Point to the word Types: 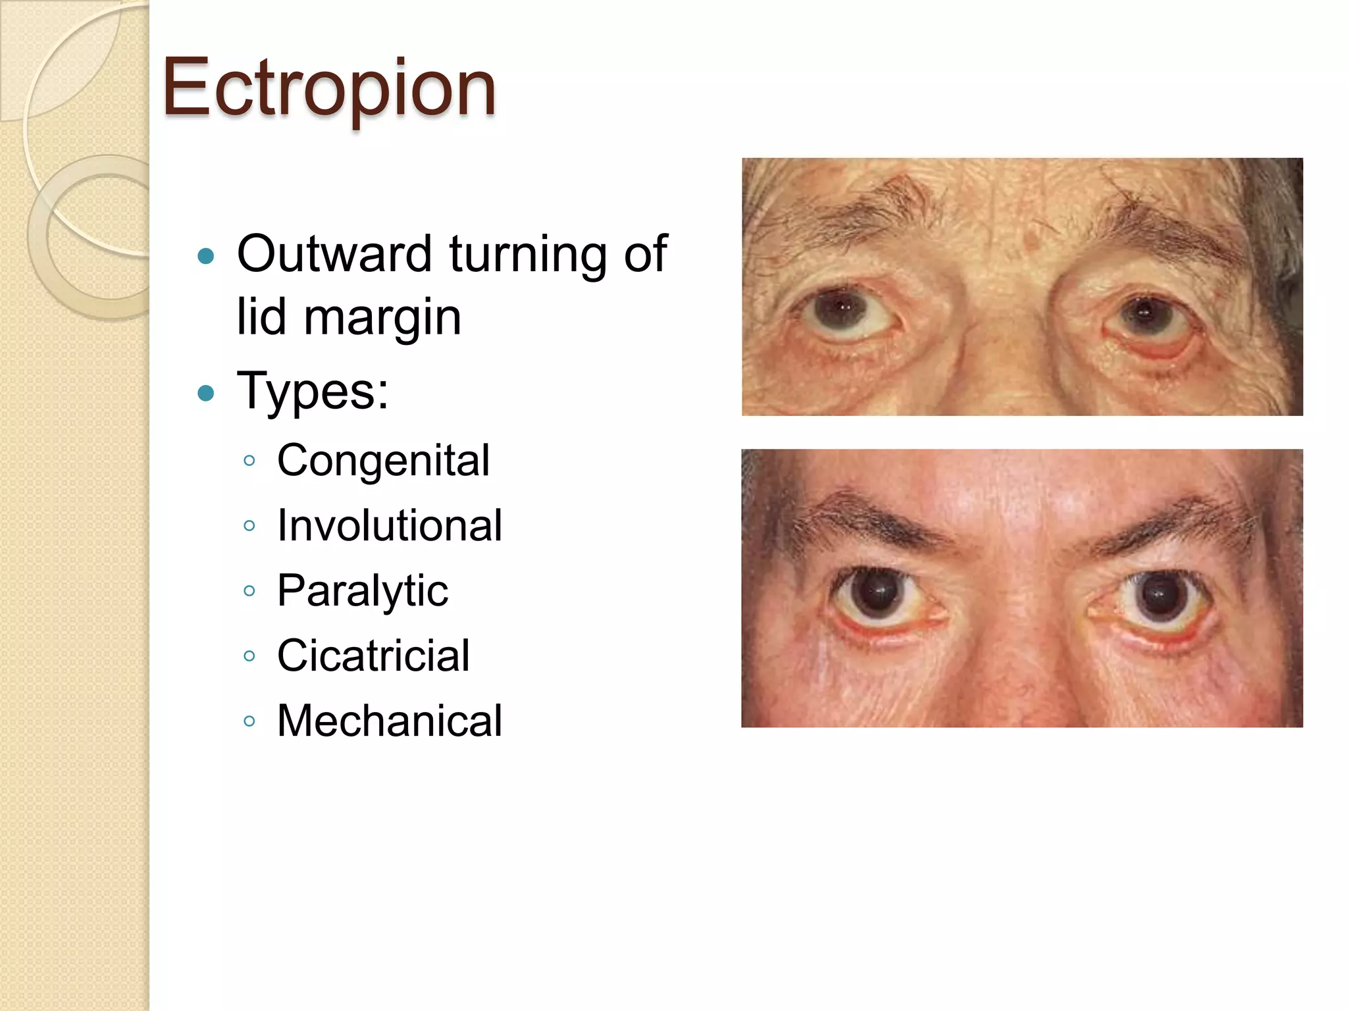pos(313,391)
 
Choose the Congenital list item pos(383,460)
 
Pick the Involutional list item pos(390,526)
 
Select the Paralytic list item pos(363,590)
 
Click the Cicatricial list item pos(373,656)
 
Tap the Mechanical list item pos(390,721)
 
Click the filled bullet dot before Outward pos(206,255)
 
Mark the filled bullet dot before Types pos(206,394)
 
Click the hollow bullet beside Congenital pos(249,461)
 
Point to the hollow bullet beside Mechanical pos(249,721)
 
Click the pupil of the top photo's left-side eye pos(842,307)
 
